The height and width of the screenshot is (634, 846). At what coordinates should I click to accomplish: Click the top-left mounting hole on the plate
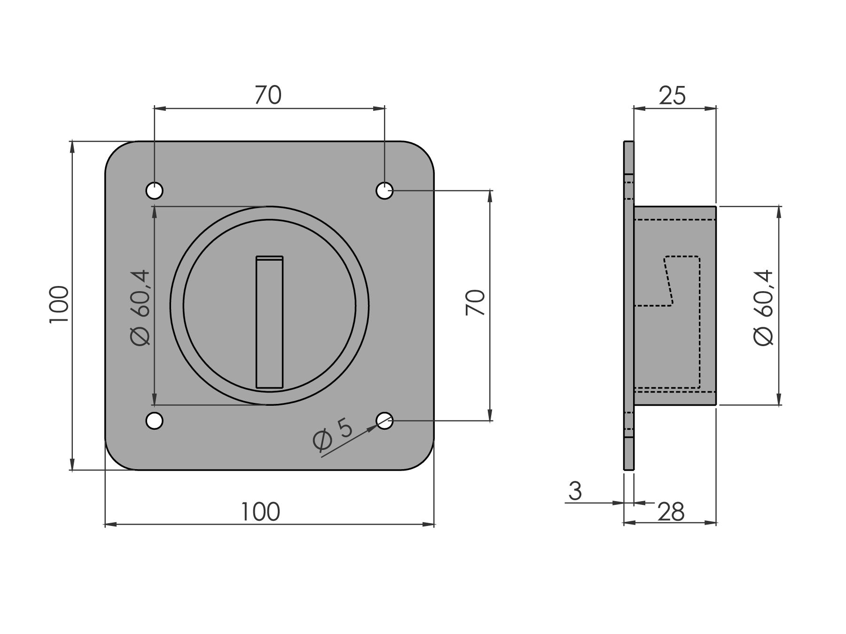coord(154,191)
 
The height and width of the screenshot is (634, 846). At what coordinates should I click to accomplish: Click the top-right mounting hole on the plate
coord(384,191)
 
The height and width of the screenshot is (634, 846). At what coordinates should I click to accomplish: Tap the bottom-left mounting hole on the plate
coord(154,421)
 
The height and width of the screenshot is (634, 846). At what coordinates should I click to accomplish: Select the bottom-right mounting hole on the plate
coord(384,421)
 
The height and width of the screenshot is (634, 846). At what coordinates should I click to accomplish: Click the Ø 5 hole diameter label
coord(332,435)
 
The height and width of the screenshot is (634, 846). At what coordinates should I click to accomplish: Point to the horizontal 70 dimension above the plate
coord(268,95)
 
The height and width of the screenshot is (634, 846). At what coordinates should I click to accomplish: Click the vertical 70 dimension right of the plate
coord(475,302)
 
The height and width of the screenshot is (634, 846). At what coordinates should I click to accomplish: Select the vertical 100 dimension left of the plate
coord(59,304)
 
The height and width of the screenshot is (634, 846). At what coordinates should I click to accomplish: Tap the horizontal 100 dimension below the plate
coord(260,511)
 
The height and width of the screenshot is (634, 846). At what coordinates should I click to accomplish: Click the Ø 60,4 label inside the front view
coord(141,308)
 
